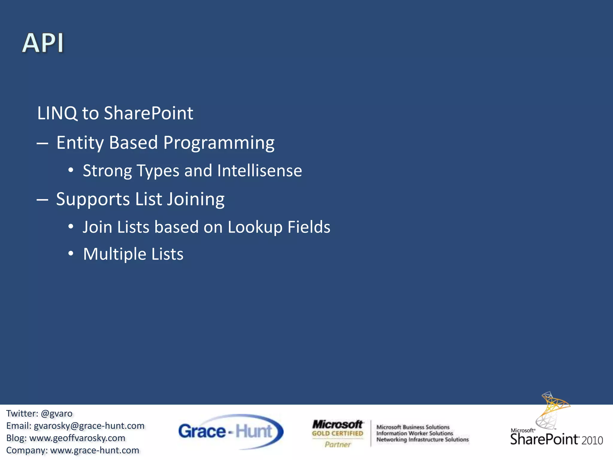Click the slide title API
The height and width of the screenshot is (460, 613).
[x=43, y=43]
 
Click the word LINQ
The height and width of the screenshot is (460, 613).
[x=57, y=113]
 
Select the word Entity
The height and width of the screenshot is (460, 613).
[x=80, y=143]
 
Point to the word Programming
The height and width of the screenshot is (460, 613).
[x=219, y=143]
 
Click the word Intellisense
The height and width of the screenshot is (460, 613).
[x=259, y=171]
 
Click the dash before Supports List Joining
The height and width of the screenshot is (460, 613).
[x=43, y=199]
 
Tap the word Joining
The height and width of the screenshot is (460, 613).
[x=195, y=199]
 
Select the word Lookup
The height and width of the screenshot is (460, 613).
[x=255, y=227]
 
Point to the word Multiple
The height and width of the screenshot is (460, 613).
[x=115, y=254]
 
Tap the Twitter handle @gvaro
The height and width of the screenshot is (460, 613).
[x=57, y=414]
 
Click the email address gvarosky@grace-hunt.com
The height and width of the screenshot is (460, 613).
[x=89, y=426]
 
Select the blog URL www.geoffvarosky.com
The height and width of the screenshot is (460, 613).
[x=77, y=438]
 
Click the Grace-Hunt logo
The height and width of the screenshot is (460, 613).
[x=230, y=432]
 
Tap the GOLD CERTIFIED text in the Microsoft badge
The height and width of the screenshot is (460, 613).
[x=337, y=433]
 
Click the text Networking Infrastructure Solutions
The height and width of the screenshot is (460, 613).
[x=422, y=440]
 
